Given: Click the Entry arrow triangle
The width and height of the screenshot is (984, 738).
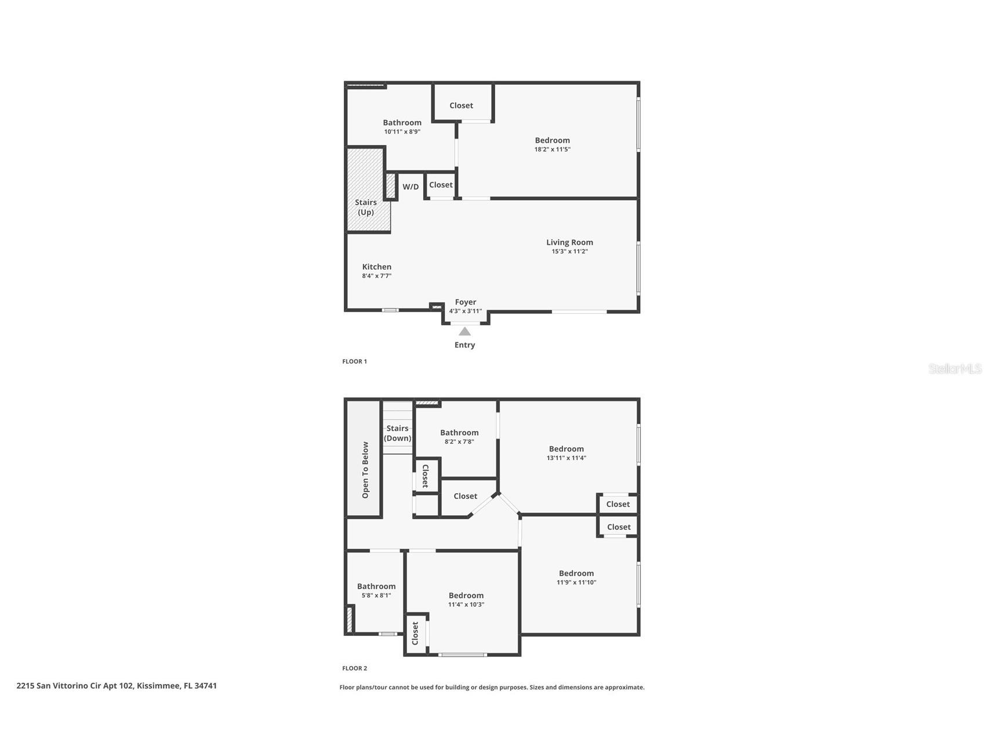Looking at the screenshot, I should click(464, 331).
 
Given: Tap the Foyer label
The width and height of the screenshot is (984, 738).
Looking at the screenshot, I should click(465, 302).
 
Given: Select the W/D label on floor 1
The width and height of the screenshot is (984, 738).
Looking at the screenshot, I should click(411, 187).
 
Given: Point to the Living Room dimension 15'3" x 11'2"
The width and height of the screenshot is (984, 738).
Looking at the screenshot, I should click(569, 252).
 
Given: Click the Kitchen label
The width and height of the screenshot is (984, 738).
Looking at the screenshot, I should click(377, 267).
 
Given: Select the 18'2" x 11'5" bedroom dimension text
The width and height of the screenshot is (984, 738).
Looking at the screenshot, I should click(552, 150).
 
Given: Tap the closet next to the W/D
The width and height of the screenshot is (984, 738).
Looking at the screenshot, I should click(441, 185).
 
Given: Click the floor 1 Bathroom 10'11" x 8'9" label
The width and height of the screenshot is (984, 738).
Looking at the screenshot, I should click(402, 123).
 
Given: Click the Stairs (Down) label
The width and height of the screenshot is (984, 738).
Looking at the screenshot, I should click(398, 433).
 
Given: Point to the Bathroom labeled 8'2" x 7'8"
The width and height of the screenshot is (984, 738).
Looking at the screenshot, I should click(459, 433).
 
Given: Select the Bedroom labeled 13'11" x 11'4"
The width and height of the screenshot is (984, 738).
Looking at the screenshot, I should click(566, 449).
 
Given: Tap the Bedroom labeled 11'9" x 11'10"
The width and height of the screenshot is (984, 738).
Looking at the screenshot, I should click(576, 574).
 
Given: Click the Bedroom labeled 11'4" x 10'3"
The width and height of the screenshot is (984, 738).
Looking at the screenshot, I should click(466, 596).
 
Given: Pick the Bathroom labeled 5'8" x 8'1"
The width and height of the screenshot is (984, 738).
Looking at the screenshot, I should click(376, 587).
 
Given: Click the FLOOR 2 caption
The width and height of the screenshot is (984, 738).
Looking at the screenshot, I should click(354, 668).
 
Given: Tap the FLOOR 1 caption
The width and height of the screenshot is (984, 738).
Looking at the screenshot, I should click(354, 361).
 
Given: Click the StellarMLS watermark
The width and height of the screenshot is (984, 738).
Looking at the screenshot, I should click(954, 369).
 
